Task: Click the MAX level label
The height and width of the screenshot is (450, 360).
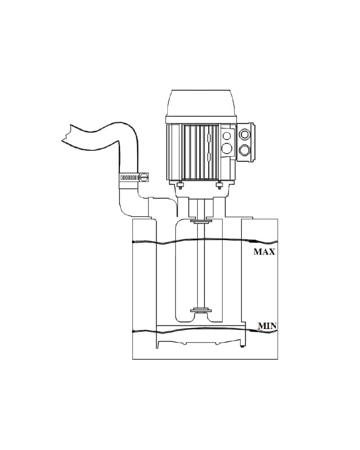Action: tap(264, 252)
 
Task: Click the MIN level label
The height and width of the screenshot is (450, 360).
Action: tap(267, 326)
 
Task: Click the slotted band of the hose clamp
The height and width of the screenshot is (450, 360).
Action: tap(129, 177)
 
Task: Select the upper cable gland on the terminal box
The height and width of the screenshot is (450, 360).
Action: tap(245, 134)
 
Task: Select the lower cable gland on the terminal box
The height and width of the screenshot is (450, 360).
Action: tap(245, 149)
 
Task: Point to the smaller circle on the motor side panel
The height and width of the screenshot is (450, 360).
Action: tap(227, 136)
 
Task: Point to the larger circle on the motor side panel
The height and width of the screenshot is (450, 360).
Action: tap(227, 148)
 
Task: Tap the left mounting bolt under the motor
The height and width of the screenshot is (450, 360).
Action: tap(180, 186)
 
